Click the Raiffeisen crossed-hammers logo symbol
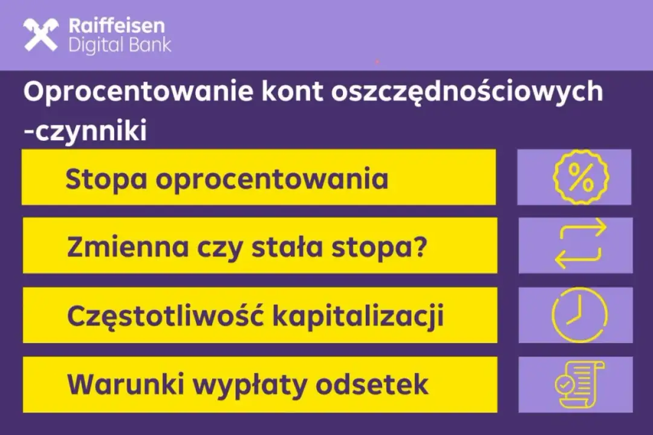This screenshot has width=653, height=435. pos(41,35)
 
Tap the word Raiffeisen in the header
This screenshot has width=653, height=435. pos(116,26)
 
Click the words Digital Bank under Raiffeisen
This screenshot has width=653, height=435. pos(120,46)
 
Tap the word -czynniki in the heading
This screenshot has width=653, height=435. pos(85,131)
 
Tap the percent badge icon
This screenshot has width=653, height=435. pos(580,178)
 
